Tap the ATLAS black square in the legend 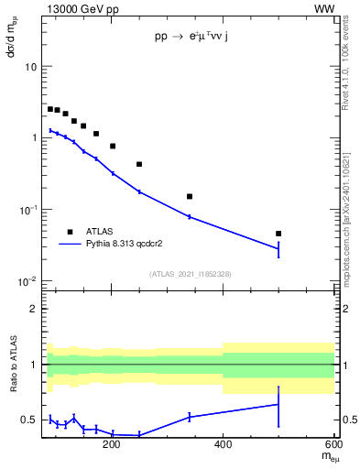pos(69,232)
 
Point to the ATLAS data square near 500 pos(278,234)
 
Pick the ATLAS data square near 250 pos(139,164)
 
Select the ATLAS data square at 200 pos(112,146)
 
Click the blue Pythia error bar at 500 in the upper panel pos(278,249)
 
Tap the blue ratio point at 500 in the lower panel pos(278,404)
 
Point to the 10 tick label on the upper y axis pos(31,67)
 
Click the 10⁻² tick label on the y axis pos(28,281)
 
